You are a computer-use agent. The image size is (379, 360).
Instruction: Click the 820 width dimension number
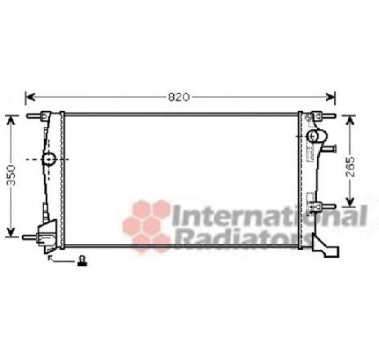pyautogui.click(x=179, y=96)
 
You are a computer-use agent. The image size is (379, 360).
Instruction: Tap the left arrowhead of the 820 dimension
pyautogui.click(x=30, y=96)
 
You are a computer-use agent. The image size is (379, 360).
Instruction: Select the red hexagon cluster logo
pyautogui.click(x=146, y=220)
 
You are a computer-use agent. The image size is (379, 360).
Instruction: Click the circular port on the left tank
pyautogui.click(x=49, y=158)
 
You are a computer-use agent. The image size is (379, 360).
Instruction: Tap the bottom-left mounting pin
pyautogui.click(x=33, y=238)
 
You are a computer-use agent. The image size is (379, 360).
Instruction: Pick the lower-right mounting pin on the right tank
pyautogui.click(x=328, y=206)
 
